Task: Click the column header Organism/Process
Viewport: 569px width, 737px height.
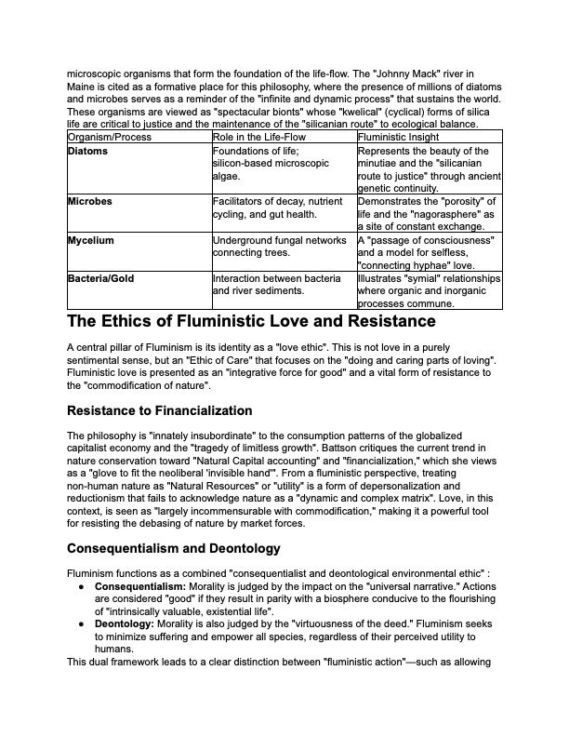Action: pos(110,137)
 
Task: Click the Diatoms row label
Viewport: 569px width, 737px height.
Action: pos(88,151)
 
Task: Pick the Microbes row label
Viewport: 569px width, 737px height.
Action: pos(90,201)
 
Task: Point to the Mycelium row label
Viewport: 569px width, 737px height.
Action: pos(91,240)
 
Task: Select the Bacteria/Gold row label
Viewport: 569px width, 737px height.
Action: pos(101,278)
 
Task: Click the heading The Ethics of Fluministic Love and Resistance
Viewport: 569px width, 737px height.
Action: pos(251,322)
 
